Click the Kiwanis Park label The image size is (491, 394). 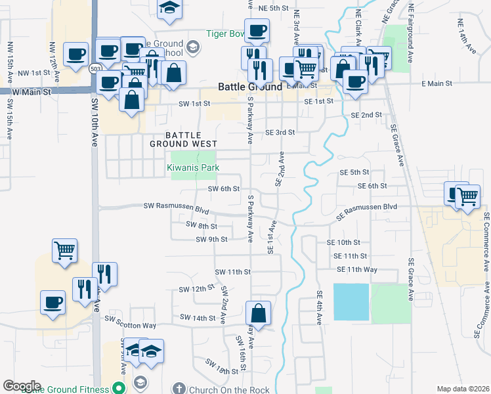193,168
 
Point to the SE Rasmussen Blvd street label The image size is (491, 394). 367,207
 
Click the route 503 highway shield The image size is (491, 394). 96,69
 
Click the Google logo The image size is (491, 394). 22,386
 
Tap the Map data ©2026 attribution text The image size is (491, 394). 463,389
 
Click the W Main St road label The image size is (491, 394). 26,93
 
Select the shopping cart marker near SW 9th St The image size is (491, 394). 65,250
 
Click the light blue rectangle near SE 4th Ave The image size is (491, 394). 351,301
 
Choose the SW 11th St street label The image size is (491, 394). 234,272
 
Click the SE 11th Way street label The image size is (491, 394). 357,270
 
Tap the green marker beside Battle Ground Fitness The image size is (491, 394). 119,389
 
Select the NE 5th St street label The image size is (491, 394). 274,8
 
